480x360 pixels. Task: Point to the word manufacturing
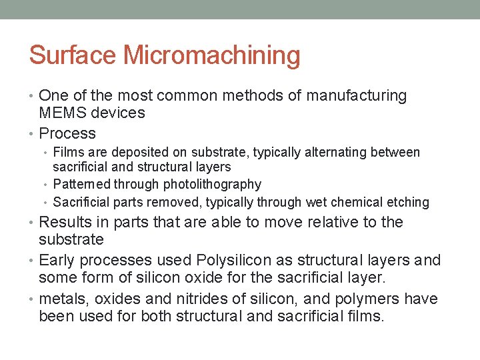pos(357,96)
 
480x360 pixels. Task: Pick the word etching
pos(407,202)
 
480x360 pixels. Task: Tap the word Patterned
pos(81,184)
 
